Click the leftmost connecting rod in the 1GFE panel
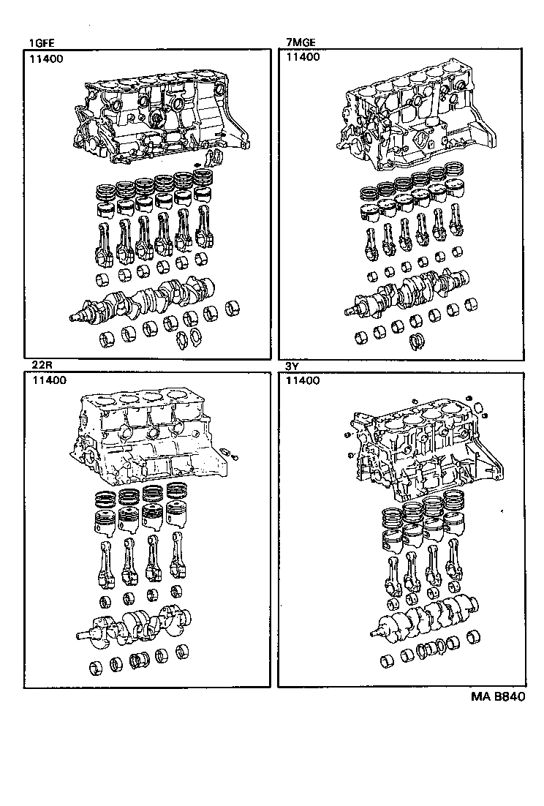pos(103,242)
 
